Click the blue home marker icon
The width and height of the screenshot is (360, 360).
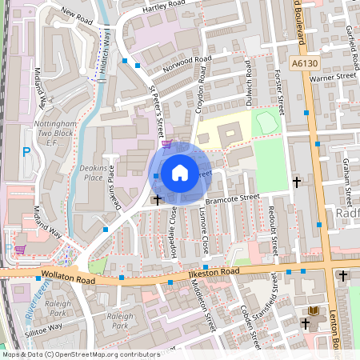[x=180, y=172]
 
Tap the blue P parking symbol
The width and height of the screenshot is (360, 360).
[x=26, y=151]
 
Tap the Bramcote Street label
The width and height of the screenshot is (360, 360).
[x=233, y=197]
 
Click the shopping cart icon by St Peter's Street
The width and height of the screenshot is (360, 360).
[x=166, y=144]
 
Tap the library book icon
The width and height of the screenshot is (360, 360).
[x=313, y=310]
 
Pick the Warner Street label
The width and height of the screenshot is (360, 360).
[x=332, y=78]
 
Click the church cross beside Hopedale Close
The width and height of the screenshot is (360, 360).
[x=157, y=198]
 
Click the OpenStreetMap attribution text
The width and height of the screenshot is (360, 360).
[x=70, y=354]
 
